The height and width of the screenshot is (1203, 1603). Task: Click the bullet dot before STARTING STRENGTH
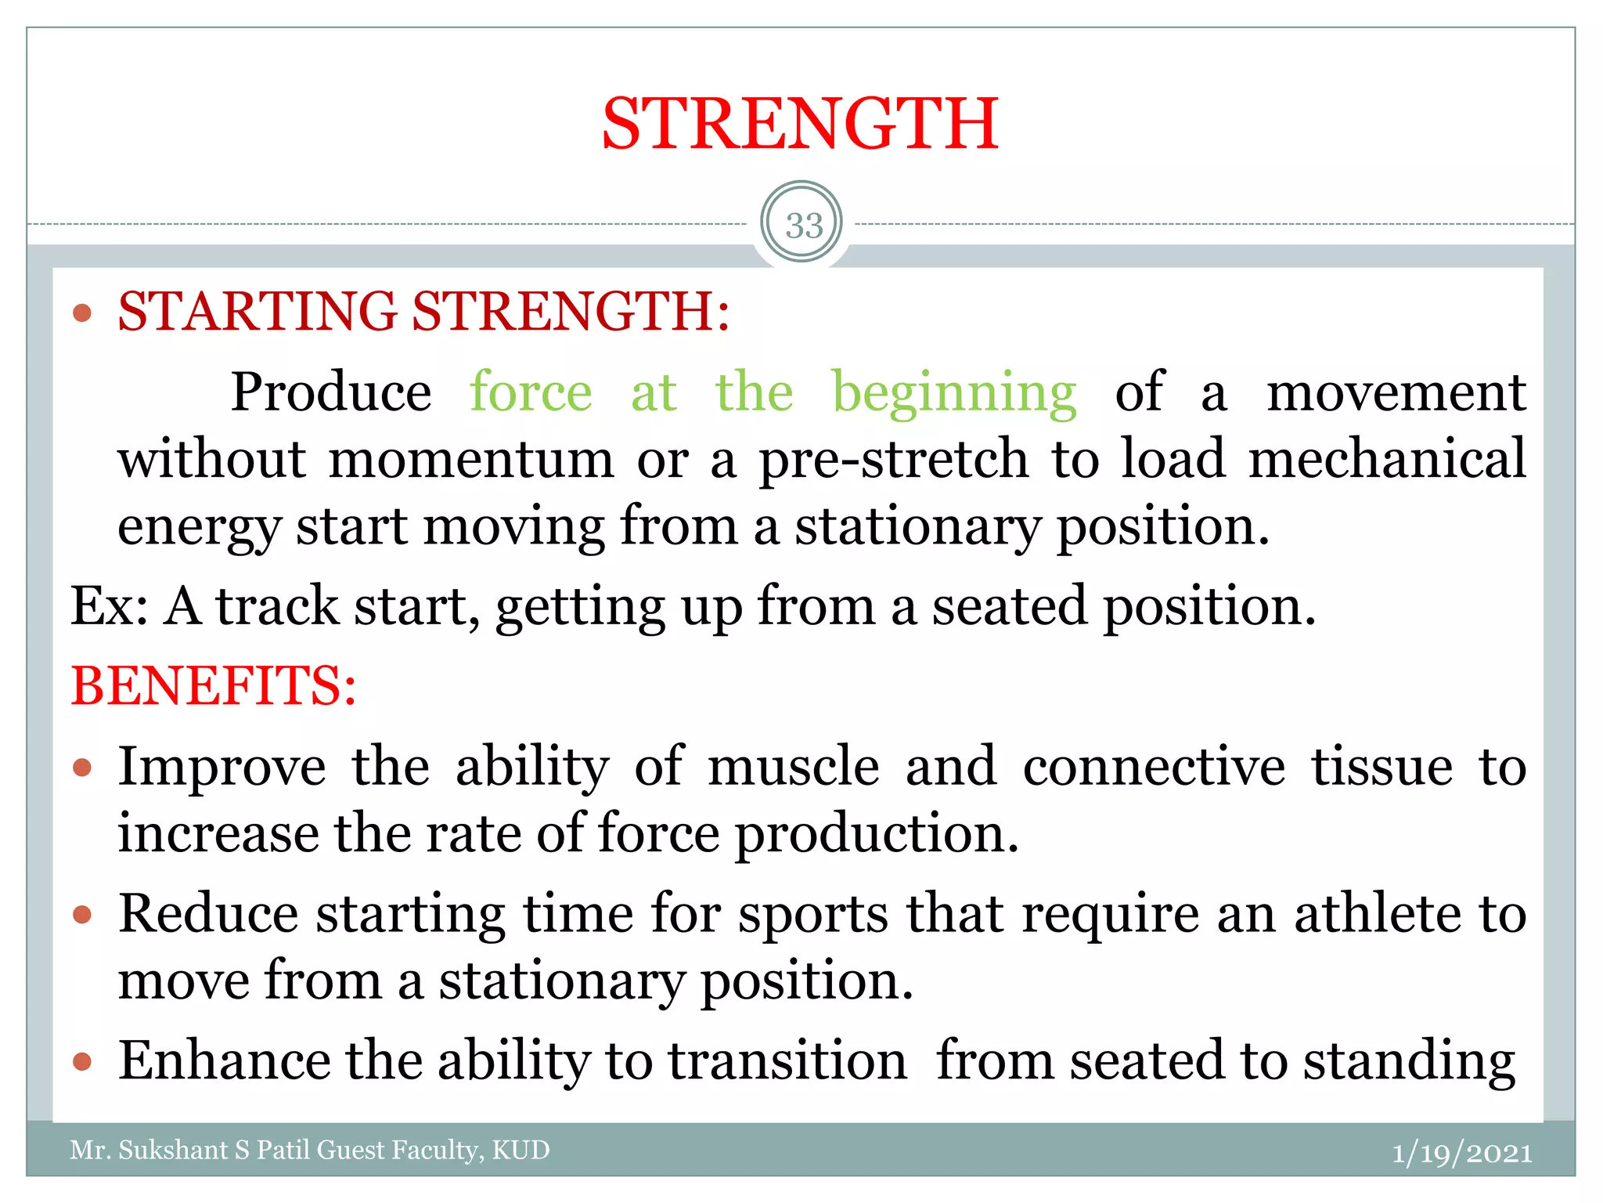[82, 314]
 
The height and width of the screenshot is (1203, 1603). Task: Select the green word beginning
[954, 394]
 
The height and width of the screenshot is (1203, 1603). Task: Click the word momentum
[471, 460]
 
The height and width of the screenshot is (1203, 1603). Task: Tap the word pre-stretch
[893, 460]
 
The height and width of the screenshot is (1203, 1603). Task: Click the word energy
[199, 527]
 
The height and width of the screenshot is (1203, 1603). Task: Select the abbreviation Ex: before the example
[109, 607]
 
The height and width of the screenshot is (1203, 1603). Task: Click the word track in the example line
[278, 607]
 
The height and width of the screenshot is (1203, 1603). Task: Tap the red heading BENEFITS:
[214, 686]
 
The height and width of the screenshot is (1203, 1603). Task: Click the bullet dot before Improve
[82, 768]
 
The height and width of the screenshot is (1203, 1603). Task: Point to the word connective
[1154, 767]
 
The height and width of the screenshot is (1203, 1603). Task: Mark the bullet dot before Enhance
[82, 1062]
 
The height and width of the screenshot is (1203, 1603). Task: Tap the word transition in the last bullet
[787, 1061]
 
